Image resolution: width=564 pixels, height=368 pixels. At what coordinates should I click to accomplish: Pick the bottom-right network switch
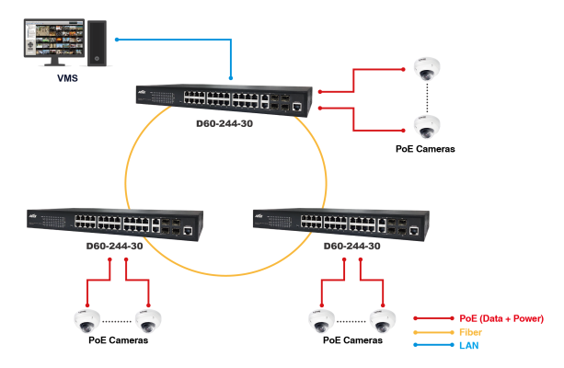(341, 223)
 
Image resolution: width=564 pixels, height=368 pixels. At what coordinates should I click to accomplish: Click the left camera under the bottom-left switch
(86, 319)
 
